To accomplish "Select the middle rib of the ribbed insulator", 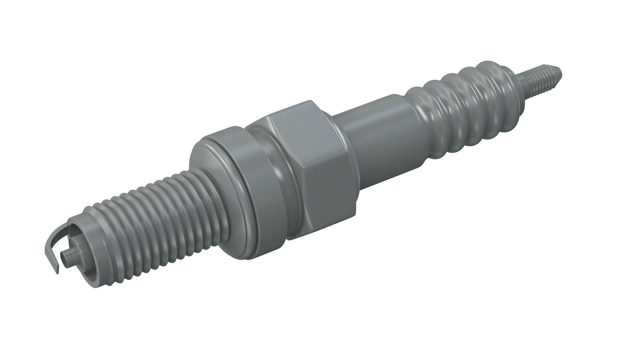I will pyautogui.click(x=467, y=100).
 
